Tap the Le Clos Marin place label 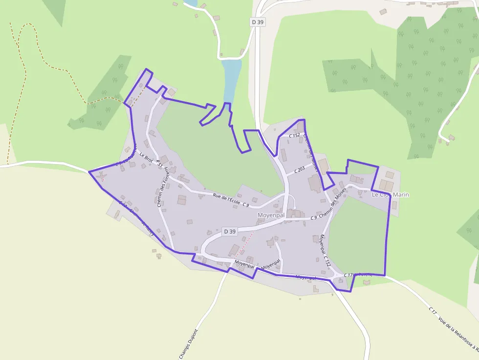point(390,195)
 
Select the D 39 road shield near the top point(257,22)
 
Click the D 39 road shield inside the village point(229,231)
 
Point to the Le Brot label point(146,158)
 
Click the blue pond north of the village point(231,78)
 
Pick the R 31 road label point(159,165)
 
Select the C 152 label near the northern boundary point(294,135)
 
